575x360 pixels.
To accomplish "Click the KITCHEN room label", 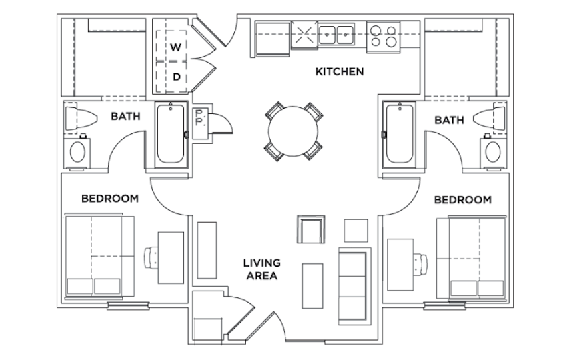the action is (340, 71).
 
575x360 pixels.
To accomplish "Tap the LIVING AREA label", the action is (261, 269).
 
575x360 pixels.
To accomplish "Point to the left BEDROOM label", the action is (110, 199).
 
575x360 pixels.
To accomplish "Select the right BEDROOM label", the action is (463, 199).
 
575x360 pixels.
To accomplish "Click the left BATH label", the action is (125, 116).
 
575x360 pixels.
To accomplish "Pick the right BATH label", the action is (449, 120).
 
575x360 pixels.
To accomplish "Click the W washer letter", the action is (176, 47).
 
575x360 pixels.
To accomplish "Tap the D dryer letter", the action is (177, 77).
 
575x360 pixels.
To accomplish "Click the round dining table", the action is (293, 131).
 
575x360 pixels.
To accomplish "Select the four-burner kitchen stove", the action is (383, 36).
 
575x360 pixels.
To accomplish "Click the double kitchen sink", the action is (336, 35).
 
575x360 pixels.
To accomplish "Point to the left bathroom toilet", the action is (81, 118).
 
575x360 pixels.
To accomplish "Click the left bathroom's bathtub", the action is (171, 134).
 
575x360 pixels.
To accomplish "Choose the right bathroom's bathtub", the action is (400, 134).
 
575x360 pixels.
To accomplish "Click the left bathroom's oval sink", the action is (77, 152).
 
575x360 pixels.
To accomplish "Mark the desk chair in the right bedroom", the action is (420, 264).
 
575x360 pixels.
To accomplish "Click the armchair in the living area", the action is (311, 229).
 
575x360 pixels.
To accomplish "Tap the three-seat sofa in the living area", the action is (354, 286).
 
